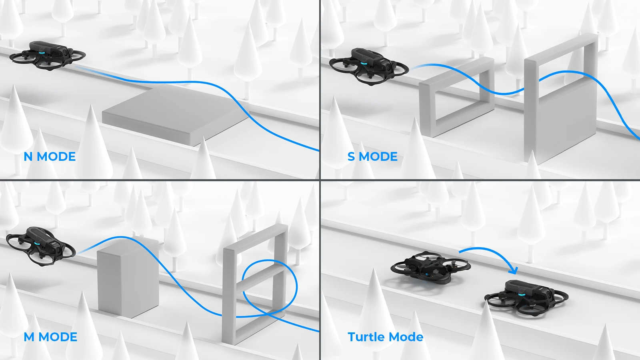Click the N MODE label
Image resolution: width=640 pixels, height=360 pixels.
[x=50, y=156]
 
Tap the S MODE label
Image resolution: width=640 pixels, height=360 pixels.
[x=372, y=156]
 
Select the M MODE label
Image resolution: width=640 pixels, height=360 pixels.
[x=50, y=337]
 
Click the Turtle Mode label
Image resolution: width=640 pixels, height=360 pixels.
[x=385, y=337]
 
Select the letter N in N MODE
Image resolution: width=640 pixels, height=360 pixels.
[x=28, y=156]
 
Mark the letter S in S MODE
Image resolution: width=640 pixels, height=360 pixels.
[x=351, y=156]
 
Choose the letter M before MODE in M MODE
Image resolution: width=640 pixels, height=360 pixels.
[x=29, y=337]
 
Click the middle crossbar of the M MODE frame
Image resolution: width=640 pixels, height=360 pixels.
[x=260, y=276]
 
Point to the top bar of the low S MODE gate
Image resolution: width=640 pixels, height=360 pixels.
[x=456, y=72]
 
